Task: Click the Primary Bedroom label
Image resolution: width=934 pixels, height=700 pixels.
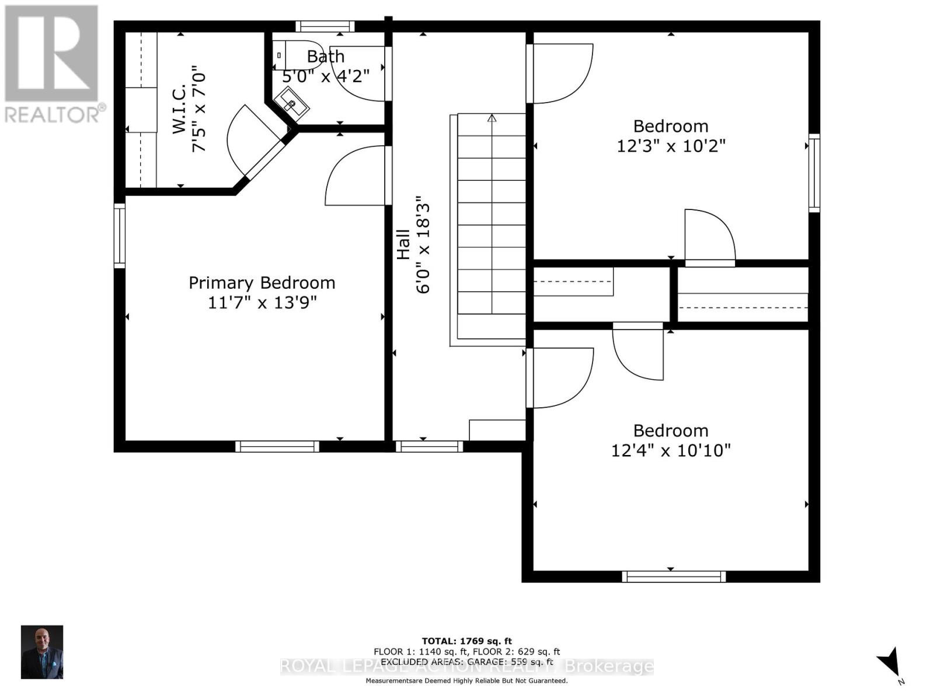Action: tap(262, 283)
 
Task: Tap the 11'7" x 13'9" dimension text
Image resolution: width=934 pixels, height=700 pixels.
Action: tap(262, 303)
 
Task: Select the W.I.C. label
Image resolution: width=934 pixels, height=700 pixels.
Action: tap(179, 109)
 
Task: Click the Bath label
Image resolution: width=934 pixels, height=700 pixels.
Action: tap(325, 57)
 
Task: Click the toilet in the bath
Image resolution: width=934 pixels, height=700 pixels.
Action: tap(298, 55)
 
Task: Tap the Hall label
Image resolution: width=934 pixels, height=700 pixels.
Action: tap(403, 244)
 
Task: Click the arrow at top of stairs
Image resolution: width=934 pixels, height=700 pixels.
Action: tap(492, 118)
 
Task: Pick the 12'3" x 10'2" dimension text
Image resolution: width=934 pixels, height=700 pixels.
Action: tap(671, 146)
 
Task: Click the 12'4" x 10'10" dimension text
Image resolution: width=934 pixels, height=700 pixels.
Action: tap(671, 450)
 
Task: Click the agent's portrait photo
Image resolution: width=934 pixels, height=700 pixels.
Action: tap(42, 652)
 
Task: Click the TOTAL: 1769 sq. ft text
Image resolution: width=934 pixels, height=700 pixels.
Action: tap(466, 641)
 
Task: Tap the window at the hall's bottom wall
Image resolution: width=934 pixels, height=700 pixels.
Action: tap(429, 447)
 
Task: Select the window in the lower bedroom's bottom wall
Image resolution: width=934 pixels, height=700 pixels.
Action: tap(674, 576)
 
